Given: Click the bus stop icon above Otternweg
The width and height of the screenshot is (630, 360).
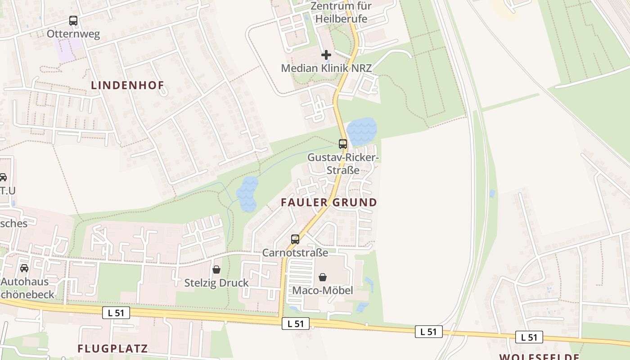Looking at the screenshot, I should coord(73,21).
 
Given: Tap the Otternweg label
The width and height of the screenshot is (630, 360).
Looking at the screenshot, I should coord(73,34).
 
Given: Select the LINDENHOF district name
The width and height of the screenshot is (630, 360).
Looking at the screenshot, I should coord(128,85).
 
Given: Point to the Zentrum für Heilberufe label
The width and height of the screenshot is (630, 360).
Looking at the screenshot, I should coord(341,13).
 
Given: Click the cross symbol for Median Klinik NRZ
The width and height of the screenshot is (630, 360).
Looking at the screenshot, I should coord(326,55).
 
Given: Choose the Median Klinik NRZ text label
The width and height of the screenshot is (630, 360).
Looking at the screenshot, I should coord(326,68).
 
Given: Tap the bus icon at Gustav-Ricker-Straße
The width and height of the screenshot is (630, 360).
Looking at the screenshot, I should coord(343,144).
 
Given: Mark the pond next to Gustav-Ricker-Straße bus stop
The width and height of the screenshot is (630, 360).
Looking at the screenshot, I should coord(361,130).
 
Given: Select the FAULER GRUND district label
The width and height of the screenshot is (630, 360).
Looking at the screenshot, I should coord(328,202).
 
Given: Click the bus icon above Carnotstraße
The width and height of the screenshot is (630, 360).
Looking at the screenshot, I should coord(295,239).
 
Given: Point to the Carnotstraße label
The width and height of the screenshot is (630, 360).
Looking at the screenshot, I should coord(295,253).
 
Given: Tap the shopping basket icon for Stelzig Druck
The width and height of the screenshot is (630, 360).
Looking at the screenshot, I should coord(216,270).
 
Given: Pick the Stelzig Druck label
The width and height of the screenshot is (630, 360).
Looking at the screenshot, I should coord(216,283).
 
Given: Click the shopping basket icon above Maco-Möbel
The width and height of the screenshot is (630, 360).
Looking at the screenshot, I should coord(323,277).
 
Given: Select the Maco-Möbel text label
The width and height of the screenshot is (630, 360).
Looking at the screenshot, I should coord(323,291).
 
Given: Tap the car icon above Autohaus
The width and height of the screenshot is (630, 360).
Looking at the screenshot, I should coord(24,268).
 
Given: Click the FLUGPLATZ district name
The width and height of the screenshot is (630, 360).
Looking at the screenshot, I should coord(112,349).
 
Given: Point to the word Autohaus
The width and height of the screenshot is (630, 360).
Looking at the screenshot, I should coord(25,282).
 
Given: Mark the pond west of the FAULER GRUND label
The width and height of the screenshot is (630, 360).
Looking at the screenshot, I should coord(247,194).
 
